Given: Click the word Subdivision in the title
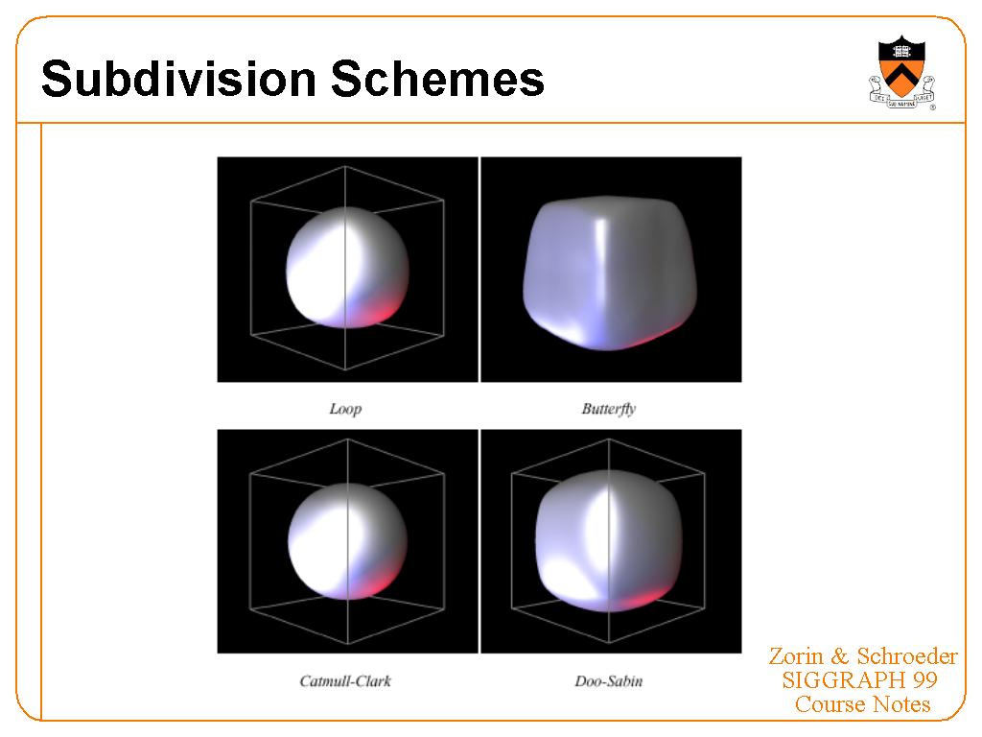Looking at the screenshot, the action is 179,79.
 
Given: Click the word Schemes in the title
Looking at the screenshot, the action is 437,79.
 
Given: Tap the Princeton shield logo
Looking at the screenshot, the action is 901,73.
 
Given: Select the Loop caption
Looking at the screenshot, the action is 345,409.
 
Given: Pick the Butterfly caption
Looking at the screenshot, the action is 609,409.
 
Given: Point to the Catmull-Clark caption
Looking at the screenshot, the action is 345,681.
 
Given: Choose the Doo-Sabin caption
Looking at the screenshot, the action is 609,681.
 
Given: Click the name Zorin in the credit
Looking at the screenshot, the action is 796,656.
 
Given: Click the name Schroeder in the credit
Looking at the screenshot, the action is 907,656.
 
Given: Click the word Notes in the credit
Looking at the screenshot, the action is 901,704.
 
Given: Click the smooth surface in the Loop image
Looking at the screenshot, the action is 347,268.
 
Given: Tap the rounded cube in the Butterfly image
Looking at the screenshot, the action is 610,273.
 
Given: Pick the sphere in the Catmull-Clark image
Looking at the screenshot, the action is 347,541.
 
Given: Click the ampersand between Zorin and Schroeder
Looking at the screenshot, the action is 840,656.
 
